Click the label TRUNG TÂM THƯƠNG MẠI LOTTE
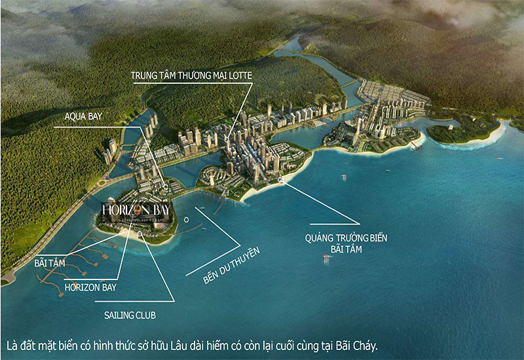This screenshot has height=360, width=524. coord(191,76)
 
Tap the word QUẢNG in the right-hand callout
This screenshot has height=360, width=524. coord(322,238)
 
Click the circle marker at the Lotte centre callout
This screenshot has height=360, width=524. coord(227,139)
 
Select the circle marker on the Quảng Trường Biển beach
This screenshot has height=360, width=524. coord(281,179)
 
